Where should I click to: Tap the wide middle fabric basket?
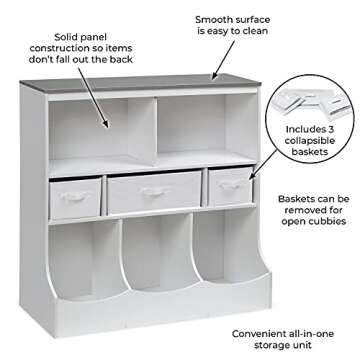pyautogui.click(x=154, y=195)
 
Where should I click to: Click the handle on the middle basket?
pyautogui.click(x=154, y=190)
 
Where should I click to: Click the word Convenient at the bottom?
pyautogui.click(x=266, y=332)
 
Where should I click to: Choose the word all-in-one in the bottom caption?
pyautogui.click(x=323, y=332)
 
